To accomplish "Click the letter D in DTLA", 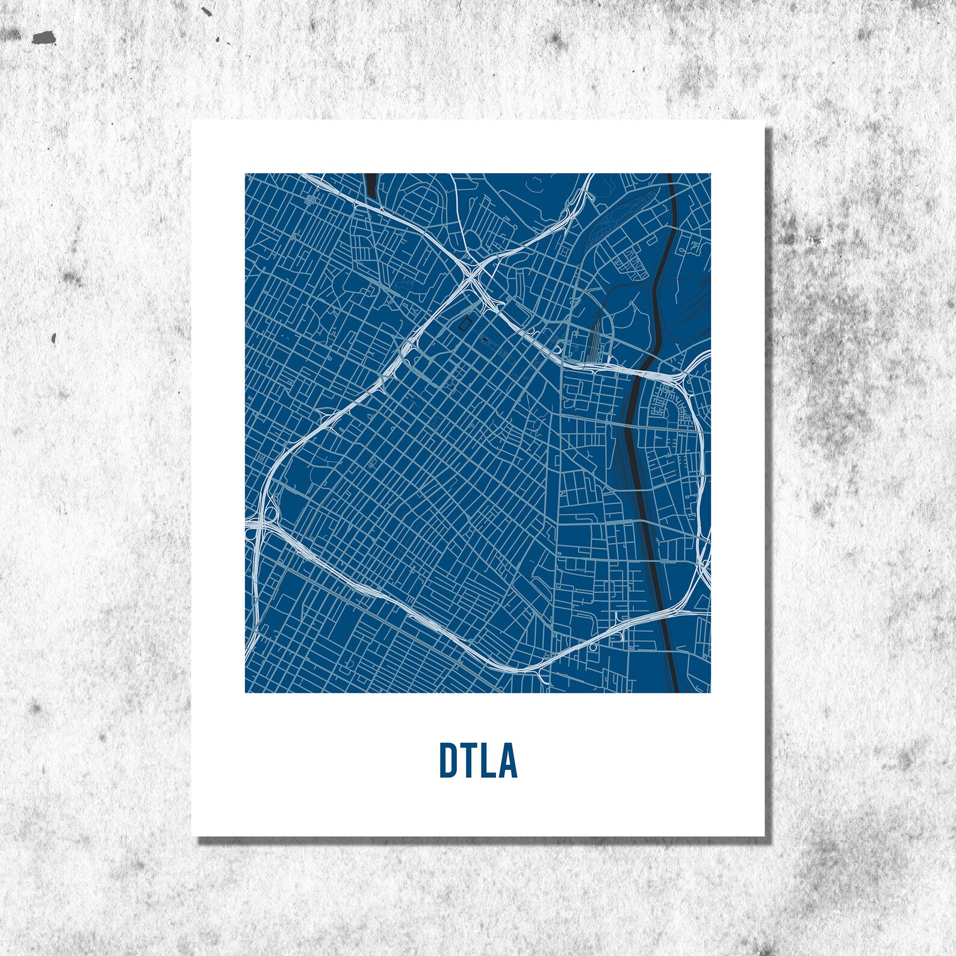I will point(447,760).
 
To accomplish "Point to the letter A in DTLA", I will point(507,760).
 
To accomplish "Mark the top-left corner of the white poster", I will point(192,121).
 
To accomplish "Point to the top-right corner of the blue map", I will point(710,174).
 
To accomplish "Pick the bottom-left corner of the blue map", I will point(245,692).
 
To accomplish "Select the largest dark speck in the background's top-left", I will point(43,38).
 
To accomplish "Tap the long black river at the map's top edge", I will point(670,178).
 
